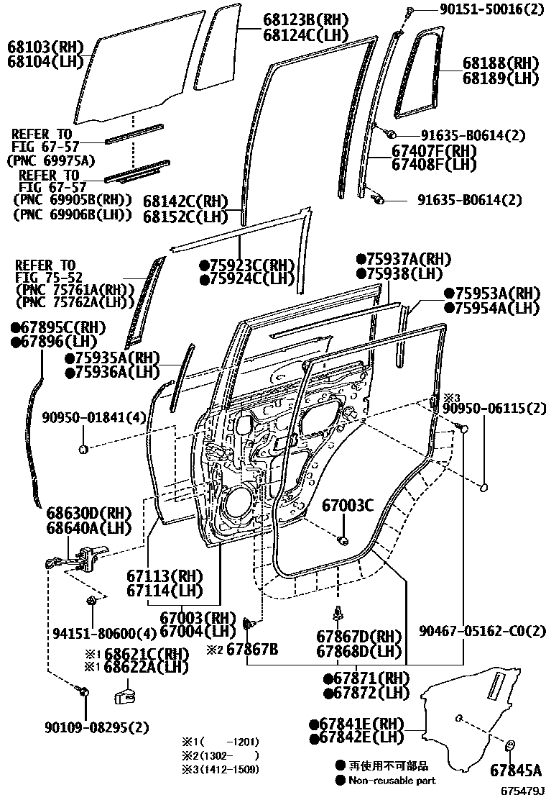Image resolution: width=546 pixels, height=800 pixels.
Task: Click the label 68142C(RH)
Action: pos(185,201)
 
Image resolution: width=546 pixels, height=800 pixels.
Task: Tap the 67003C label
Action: pos(348,505)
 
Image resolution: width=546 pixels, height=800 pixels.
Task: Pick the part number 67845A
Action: pos(515,771)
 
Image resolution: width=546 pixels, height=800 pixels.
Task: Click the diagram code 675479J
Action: pos(519,791)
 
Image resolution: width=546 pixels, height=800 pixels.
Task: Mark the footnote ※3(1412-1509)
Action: pos(219,769)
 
